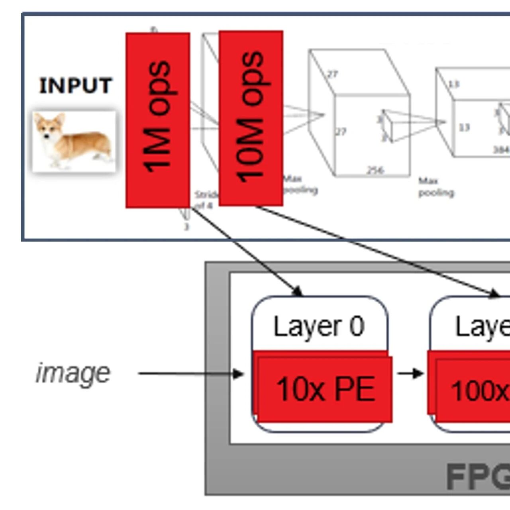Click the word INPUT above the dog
pos(75,86)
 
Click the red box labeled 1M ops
pos(157,120)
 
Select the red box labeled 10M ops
pos(251,118)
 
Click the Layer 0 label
pos(319,326)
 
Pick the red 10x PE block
pos(325,388)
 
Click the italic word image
pos(73,373)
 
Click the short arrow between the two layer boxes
pos(410,373)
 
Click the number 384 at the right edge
pos(501,149)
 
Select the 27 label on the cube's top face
pos(332,74)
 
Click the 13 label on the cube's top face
pos(453,84)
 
